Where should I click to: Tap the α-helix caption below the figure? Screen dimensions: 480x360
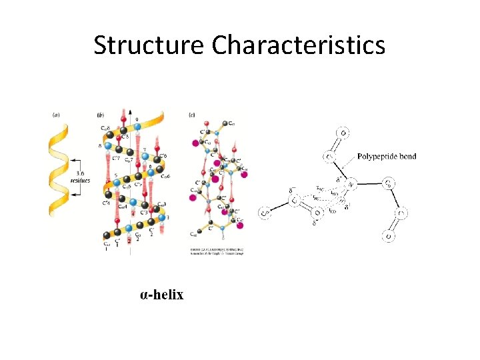(x=161, y=294)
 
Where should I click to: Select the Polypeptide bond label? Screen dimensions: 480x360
(x=387, y=157)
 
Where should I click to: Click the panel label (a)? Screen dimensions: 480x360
(x=57, y=115)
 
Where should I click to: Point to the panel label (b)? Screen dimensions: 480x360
(x=101, y=115)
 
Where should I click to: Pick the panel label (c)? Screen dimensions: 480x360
(x=193, y=115)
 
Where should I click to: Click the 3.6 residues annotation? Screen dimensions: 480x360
(x=83, y=176)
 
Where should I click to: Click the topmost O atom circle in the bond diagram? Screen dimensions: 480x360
(x=343, y=132)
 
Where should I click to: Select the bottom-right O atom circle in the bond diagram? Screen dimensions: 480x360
(x=388, y=235)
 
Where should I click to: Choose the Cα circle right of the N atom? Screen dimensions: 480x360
(x=388, y=181)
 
